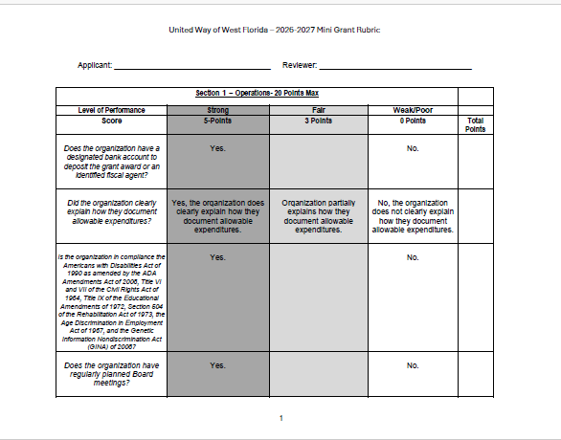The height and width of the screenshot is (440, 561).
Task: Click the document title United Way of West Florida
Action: (x=274, y=30)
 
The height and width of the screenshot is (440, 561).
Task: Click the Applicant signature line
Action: (x=191, y=67)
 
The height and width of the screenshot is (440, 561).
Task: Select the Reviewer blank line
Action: (x=395, y=67)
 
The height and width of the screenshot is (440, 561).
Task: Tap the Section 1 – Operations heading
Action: (x=257, y=93)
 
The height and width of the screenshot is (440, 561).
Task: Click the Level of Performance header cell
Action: (x=111, y=110)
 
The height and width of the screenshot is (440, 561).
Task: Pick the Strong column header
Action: (x=217, y=110)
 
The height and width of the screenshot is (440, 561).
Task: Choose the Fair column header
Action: (x=319, y=110)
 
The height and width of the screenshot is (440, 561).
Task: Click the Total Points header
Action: (x=475, y=124)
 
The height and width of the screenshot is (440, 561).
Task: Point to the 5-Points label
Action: (x=217, y=121)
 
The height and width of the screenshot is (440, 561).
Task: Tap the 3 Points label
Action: (x=319, y=121)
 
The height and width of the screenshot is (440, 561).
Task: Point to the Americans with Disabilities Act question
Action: (x=111, y=302)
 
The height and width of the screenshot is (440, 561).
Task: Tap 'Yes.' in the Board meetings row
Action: (x=217, y=365)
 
